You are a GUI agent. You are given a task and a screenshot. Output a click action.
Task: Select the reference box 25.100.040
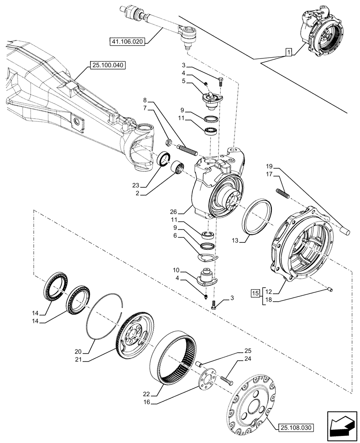[108, 65]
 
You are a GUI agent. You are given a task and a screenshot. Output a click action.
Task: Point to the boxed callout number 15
[254, 294]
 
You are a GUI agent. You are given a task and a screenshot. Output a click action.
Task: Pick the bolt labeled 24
[226, 380]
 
